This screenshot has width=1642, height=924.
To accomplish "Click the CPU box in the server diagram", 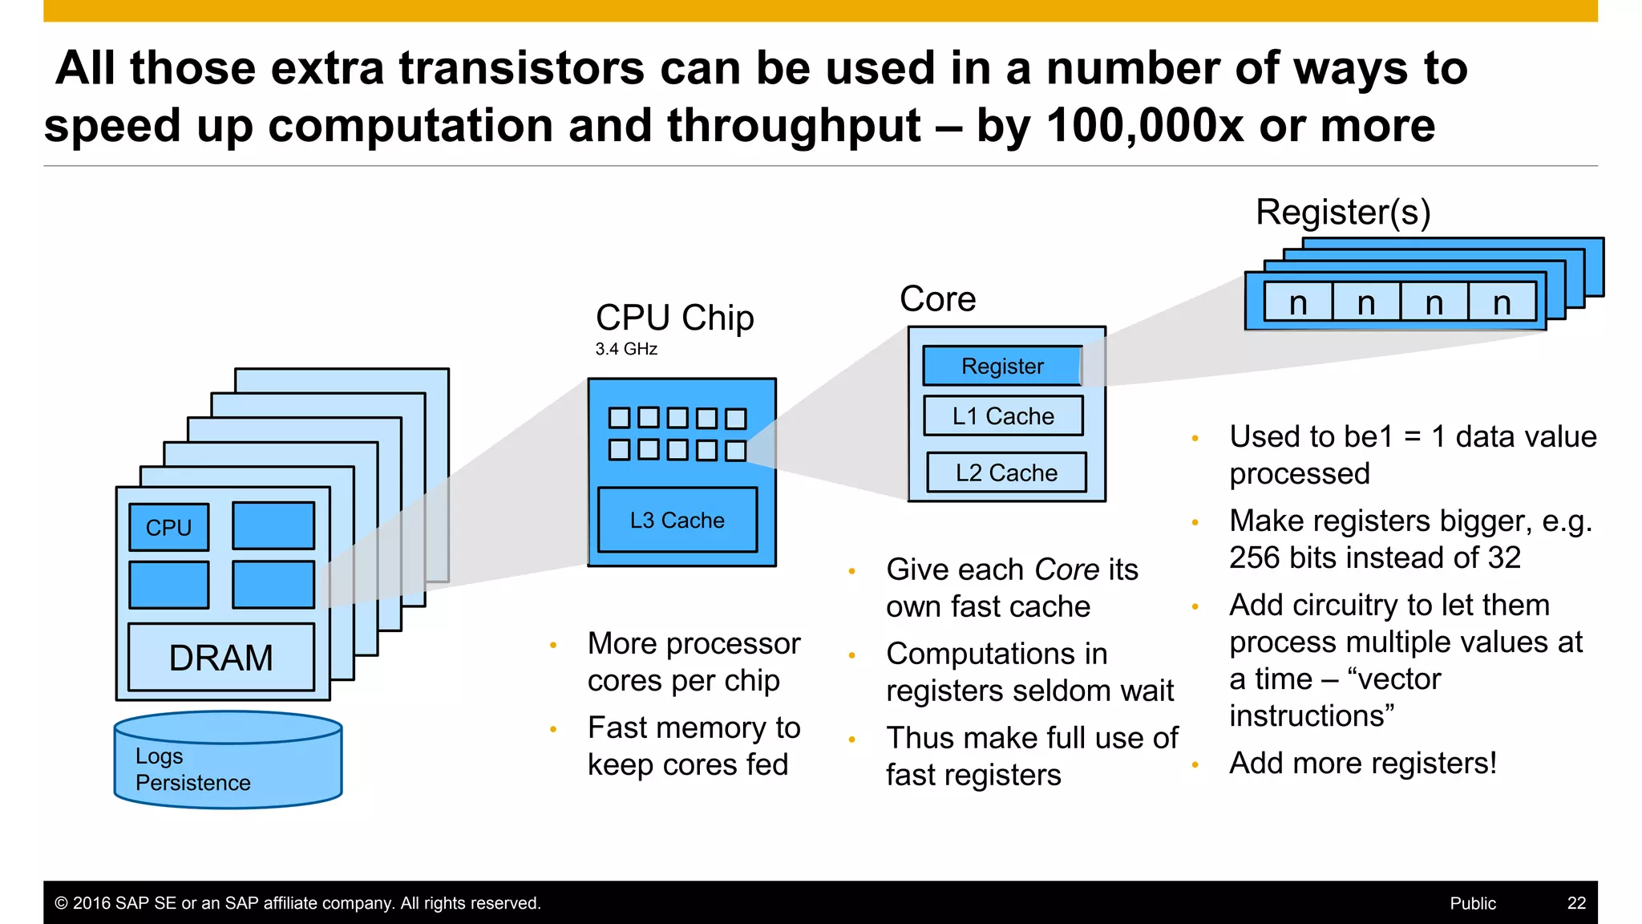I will [169, 527].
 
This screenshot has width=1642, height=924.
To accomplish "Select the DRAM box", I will [221, 657].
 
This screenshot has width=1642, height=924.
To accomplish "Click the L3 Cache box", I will [677, 520].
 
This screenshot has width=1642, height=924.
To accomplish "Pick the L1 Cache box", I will [1003, 415].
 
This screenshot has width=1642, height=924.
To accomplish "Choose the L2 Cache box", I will [1006, 472].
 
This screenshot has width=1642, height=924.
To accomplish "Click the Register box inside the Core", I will [1002, 366].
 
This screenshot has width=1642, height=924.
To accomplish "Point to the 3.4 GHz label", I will [626, 349].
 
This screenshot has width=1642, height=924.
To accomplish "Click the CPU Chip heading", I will [674, 318].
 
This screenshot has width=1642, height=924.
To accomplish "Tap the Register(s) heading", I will [1343, 213].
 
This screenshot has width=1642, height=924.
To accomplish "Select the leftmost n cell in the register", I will [1298, 303].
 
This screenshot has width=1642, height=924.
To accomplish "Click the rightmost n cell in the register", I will [1502, 303].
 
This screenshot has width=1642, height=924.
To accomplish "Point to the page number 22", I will [1576, 903].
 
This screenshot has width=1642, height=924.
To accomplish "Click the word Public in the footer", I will [1473, 903].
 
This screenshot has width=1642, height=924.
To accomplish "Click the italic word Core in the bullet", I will [1066, 569].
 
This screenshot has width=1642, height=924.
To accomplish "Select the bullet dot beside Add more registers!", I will [1195, 765].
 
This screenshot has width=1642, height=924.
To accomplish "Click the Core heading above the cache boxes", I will [937, 299].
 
